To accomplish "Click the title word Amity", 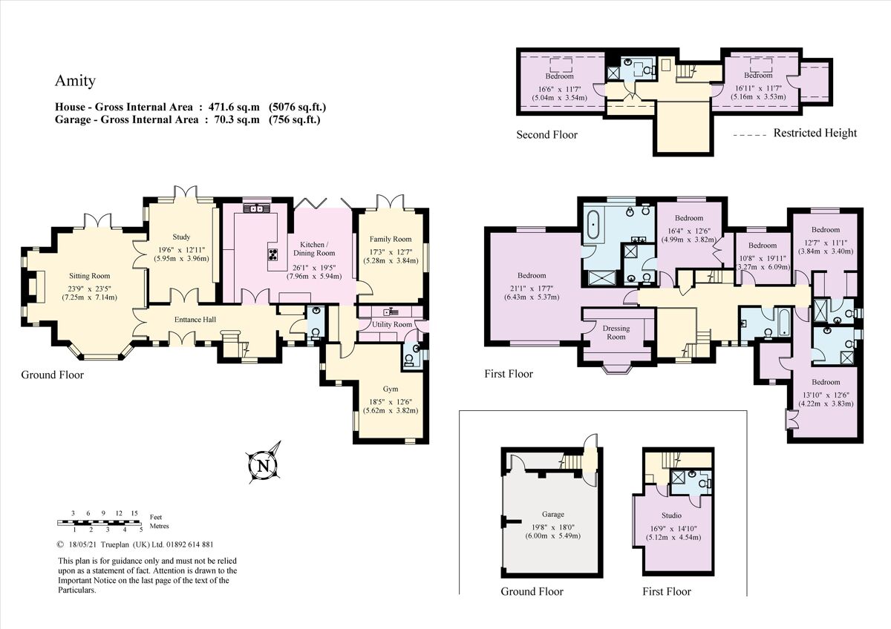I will tap(75, 81).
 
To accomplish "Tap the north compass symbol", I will tap(263, 465).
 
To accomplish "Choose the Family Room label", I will tap(391, 239).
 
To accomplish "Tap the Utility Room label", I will tap(392, 325).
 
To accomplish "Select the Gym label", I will tap(391, 389).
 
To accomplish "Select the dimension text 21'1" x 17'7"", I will tap(532, 287).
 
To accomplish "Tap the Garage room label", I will tap(552, 514).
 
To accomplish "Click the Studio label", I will tap(671, 515).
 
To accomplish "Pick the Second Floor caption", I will tap(546, 135).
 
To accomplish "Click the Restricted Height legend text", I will tap(815, 134).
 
